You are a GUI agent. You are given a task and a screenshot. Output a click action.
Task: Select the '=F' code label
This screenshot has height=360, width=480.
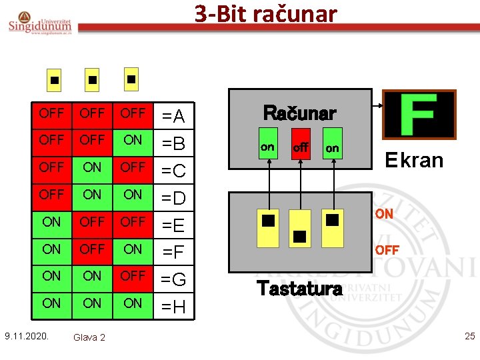coord(174,252)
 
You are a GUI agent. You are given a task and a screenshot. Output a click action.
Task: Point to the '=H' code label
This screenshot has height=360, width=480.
coord(174,307)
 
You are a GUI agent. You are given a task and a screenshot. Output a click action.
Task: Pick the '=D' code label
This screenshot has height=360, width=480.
coord(174,198)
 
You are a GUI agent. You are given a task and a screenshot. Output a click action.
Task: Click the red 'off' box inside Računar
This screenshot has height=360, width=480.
coord(300,147)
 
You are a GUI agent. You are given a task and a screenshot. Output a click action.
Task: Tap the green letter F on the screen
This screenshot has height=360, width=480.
coord(418,115)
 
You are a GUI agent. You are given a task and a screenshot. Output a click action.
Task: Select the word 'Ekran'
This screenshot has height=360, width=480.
coord(414,160)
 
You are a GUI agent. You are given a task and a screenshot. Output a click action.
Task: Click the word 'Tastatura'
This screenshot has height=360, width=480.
coord(299,288)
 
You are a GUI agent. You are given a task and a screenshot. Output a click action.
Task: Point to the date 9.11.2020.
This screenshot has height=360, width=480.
coord(26,335)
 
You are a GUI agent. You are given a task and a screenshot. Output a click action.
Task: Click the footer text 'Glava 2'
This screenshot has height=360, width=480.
coord(89,337)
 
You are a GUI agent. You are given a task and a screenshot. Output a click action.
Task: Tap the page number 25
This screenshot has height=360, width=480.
coord(469,335)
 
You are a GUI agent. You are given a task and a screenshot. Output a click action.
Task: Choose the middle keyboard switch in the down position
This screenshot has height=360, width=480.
coord(299,235)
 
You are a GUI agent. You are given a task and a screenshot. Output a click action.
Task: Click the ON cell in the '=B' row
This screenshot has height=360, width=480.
coord(133,140)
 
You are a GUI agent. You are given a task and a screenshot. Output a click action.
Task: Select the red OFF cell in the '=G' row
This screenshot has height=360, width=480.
coord(133,275)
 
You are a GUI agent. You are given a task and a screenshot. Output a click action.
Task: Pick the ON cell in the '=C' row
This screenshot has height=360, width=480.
coord(92,167)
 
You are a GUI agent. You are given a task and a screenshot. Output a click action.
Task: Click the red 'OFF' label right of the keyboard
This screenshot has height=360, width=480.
coord(387,250)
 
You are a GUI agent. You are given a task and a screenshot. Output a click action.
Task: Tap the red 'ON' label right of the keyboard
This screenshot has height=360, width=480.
coord(384,215)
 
